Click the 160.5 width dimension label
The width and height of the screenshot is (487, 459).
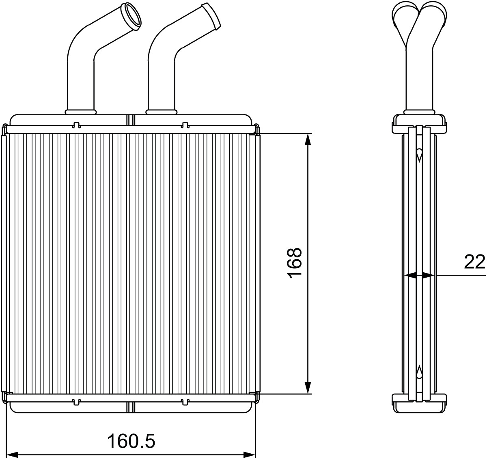[131, 427]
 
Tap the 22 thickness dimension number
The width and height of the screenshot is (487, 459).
[474, 262]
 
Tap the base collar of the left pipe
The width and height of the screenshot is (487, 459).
[81, 112]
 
